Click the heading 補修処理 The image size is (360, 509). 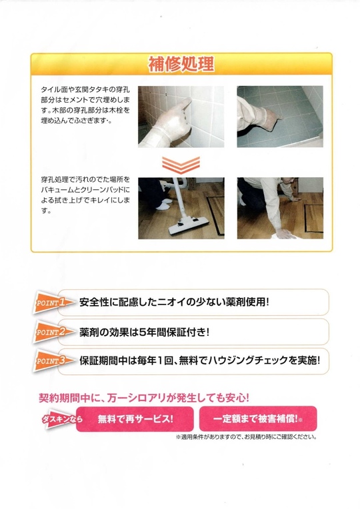[181, 64]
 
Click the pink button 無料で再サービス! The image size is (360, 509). [135, 419]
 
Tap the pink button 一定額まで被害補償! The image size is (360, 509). [258, 419]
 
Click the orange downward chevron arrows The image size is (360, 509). [181, 165]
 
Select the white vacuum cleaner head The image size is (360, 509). [189, 225]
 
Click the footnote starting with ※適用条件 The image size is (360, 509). [246, 437]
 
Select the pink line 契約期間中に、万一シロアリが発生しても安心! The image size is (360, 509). [144, 397]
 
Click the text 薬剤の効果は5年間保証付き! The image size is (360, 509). [144, 332]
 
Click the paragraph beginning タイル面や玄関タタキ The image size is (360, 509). [85, 105]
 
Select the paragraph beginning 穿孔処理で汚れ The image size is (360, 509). [85, 195]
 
